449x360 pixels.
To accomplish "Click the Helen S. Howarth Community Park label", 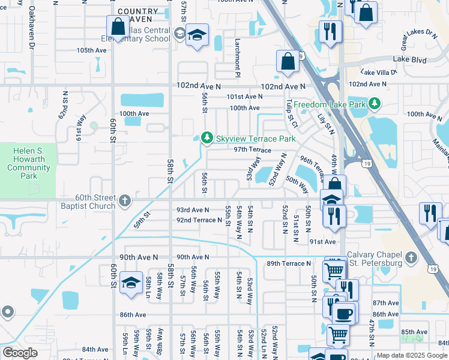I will pyautogui.click(x=29, y=164).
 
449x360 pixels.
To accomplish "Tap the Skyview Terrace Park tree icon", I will pyautogui.click(x=206, y=139).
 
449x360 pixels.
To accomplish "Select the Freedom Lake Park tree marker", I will pyautogui.click(x=375, y=104).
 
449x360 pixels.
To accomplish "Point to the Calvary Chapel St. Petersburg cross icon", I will pyautogui.click(x=411, y=257).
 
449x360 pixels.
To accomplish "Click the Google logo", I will pyautogui.click(x=20, y=353).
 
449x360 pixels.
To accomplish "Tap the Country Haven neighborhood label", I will pyautogui.click(x=138, y=16).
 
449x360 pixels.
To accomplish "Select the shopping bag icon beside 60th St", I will pyautogui.click(x=118, y=26).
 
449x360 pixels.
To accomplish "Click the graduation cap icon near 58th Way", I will pyautogui.click(x=130, y=282).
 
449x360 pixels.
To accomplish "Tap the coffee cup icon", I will pyautogui.click(x=344, y=313).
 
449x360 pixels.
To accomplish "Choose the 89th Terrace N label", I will pyautogui.click(x=289, y=263).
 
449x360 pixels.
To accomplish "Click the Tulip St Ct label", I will pyautogui.click(x=292, y=113).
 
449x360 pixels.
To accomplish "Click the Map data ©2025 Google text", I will pyautogui.click(x=411, y=355).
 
